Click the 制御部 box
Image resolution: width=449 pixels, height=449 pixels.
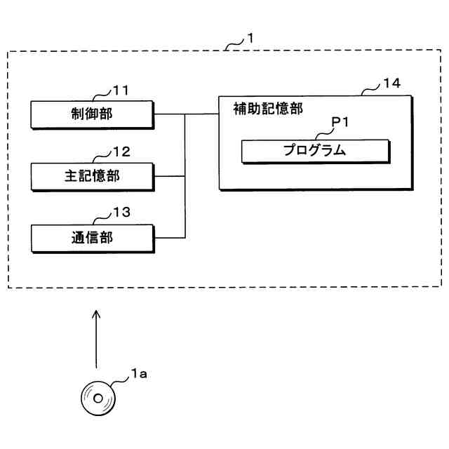coord(92,114)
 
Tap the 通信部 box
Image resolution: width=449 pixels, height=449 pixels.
coord(92,238)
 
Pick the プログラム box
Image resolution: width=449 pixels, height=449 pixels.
coord(315,150)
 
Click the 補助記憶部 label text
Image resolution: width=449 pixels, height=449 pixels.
coord(268,109)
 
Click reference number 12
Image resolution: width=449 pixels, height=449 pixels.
coord(122,151)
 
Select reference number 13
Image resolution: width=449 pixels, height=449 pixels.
coord(122,213)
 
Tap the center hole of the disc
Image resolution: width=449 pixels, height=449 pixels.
coord(98,398)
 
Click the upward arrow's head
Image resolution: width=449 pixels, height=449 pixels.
coord(97,315)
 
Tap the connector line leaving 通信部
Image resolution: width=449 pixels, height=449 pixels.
coord(168,238)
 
